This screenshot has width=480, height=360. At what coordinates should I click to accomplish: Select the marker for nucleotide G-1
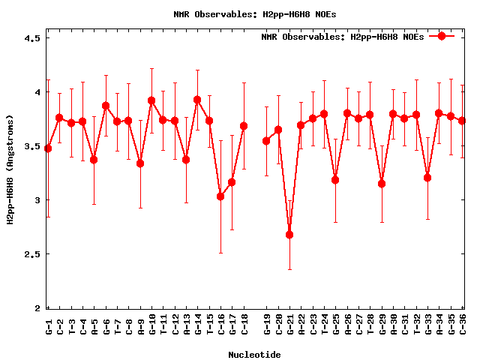pos(48,148)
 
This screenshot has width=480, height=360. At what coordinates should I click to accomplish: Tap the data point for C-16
pos(220,196)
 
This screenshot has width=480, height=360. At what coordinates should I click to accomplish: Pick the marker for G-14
pos(197,100)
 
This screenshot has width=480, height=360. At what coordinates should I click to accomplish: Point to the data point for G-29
pos(382,184)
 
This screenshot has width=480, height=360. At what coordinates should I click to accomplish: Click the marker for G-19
pos(266,141)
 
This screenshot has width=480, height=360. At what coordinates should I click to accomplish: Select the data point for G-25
pos(335,180)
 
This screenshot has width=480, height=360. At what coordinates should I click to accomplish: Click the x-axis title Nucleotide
pos(255,355)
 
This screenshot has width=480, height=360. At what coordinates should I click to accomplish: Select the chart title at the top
pos(255,14)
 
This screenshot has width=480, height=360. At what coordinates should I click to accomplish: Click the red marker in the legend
pos(442,36)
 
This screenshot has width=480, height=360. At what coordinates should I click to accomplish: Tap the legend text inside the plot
pos(343,37)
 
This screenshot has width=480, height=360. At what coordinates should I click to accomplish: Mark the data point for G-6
pos(106,106)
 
